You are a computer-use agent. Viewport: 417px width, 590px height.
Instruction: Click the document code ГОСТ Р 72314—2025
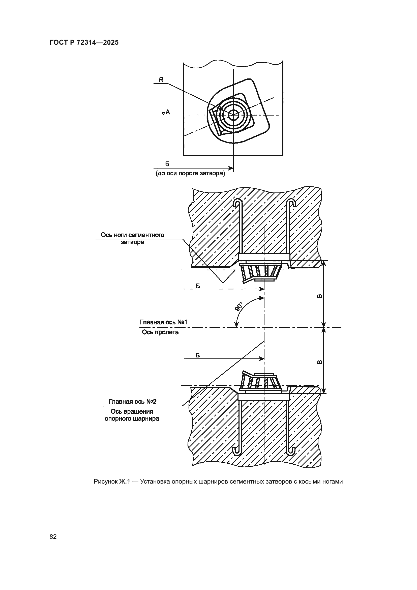84,42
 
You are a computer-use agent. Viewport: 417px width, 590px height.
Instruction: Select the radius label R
161,80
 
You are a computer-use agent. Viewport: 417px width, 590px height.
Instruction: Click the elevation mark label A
168,112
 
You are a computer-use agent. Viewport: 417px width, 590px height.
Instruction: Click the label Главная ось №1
163,322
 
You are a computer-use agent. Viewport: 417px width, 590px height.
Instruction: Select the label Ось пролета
160,332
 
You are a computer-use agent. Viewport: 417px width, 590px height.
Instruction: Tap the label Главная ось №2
133,401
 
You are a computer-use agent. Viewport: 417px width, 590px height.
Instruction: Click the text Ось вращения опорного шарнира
132,415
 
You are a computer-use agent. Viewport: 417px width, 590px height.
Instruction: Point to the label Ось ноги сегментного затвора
133,238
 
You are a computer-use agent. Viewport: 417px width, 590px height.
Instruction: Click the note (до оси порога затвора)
190,174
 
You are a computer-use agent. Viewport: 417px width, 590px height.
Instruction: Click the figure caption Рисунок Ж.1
218,481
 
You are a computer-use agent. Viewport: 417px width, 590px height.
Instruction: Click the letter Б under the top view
167,164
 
